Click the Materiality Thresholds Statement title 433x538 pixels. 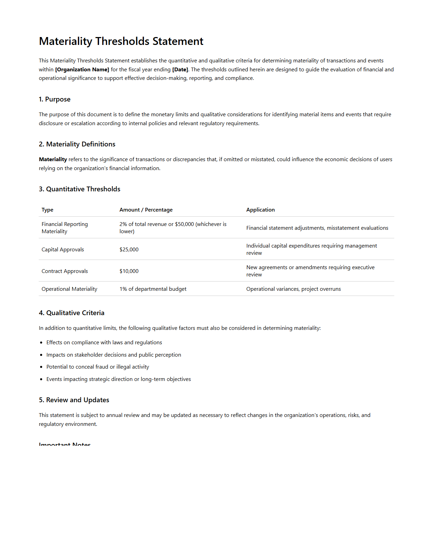coord(121,41)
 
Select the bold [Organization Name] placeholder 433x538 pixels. coord(82,70)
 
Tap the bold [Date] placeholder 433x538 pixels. coord(180,70)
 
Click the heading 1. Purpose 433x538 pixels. coord(55,99)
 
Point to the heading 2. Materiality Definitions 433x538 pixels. coord(77,144)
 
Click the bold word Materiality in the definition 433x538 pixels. coord(53,159)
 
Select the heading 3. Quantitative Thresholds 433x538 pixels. coord(80,189)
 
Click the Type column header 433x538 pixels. coord(47,210)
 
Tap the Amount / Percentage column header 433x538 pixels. coord(146,210)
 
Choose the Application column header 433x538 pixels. coord(260,210)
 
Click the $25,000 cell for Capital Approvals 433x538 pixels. coord(129,250)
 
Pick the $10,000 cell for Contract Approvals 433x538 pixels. coord(129,271)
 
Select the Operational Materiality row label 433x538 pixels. coord(69,289)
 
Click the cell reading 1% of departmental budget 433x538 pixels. coord(153,289)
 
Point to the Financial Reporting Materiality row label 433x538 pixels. coord(64,228)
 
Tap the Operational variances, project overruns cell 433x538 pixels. coord(293,289)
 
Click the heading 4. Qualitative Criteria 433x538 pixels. coord(71,313)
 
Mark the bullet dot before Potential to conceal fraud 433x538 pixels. coord(41,367)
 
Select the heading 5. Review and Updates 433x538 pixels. coord(74,400)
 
